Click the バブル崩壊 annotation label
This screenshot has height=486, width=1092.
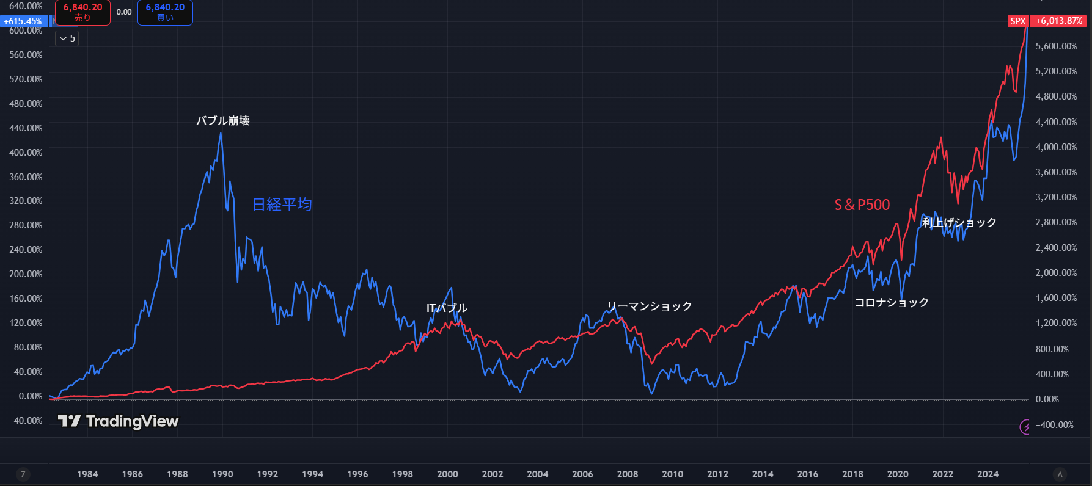click(x=223, y=121)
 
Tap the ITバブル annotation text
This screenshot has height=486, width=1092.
click(x=447, y=308)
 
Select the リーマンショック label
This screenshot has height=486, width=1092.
click(x=649, y=306)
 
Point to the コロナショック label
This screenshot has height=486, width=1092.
click(x=891, y=302)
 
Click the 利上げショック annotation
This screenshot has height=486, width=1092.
click(x=959, y=222)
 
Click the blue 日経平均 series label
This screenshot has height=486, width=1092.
click(x=282, y=205)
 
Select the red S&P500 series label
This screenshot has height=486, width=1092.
click(x=862, y=205)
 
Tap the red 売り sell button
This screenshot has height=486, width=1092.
click(x=82, y=12)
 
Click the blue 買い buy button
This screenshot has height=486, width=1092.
click(x=165, y=12)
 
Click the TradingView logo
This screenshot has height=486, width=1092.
click(x=118, y=421)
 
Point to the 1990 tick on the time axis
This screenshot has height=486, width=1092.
click(x=222, y=474)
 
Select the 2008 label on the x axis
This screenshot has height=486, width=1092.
click(x=628, y=474)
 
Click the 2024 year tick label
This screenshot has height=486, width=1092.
click(x=988, y=474)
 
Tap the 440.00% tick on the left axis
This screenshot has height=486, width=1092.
click(x=26, y=128)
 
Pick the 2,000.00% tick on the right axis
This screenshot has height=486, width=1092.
click(x=1056, y=273)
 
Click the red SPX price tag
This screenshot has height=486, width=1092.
click(x=1018, y=21)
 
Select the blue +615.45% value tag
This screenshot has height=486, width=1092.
click(x=23, y=21)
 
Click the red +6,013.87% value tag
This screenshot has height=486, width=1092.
click(x=1059, y=21)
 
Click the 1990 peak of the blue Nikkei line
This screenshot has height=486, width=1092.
click(x=221, y=134)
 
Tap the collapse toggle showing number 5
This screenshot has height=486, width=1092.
click(x=67, y=38)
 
